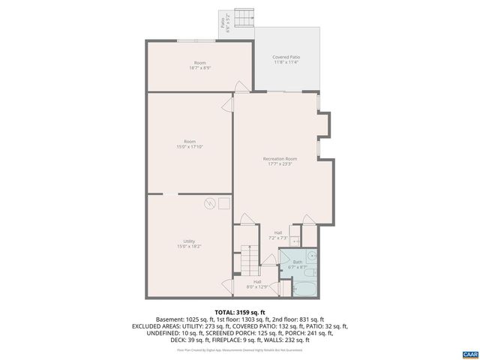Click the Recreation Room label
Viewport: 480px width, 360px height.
(x=280, y=159)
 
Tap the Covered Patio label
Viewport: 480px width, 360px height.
(x=286, y=57)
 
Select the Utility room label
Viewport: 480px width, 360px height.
(x=189, y=241)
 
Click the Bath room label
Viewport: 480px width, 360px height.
(x=298, y=262)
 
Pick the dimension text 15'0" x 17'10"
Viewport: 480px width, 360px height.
(x=190, y=146)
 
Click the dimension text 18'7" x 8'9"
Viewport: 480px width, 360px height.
(x=199, y=67)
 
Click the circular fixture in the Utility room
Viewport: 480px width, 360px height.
(x=211, y=202)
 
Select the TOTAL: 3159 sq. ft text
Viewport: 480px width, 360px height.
(x=240, y=312)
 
